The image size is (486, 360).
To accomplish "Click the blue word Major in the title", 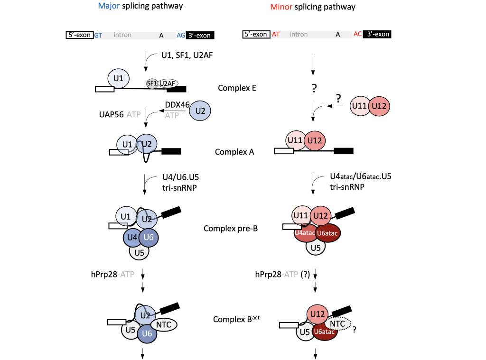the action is point(109,6).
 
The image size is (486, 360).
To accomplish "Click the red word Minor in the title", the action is point(281,7).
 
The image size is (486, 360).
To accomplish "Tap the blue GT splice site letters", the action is point(98,35).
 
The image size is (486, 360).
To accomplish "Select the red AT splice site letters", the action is point(276,35).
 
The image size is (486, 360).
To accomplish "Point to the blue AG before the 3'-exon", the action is point(181,35).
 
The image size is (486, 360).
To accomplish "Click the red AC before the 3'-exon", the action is point(358,34).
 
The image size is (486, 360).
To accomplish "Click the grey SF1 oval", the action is point(152,83).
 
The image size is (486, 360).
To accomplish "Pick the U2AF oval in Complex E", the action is point(168,83).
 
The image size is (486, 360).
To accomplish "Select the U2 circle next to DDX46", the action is point(200,111).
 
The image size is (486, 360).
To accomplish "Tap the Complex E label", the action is point(237,88).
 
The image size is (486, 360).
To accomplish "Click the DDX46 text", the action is point(178,105).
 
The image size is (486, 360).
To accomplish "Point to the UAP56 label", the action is point(111,115).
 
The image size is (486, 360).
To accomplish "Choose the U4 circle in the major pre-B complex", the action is point(132,238).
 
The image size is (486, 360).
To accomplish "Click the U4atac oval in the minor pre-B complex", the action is point(304,233).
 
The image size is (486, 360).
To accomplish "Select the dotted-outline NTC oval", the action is point(337,324).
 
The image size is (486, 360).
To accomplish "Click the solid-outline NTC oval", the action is point(164,325).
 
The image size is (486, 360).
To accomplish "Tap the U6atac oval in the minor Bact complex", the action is point(324,332).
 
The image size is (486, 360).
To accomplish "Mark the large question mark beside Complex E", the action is point(314,88).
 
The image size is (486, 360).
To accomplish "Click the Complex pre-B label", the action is point(231,229).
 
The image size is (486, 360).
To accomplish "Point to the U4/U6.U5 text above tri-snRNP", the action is point(181,177).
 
